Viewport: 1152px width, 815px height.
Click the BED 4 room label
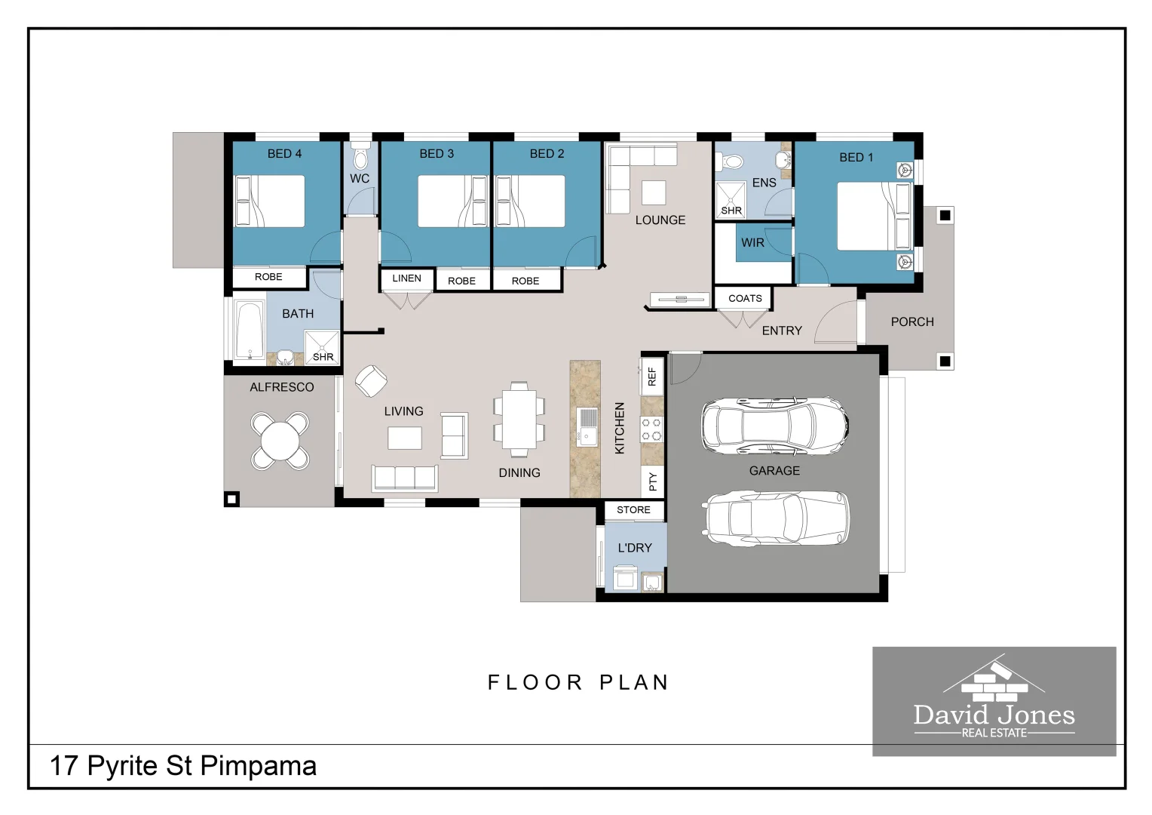284,153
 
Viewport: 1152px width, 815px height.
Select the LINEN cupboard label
406,278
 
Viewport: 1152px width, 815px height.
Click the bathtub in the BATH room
250,330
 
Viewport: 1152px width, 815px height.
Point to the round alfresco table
280,441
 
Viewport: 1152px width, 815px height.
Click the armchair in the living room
371,381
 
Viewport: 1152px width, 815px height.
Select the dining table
519,420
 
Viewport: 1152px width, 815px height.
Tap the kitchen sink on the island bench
587,427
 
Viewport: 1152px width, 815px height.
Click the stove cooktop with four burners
651,429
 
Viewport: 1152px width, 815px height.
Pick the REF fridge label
652,377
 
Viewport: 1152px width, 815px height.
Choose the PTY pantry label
653,482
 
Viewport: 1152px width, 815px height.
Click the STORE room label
633,509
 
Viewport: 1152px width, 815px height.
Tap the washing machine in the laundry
626,577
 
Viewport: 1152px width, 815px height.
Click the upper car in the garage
775,426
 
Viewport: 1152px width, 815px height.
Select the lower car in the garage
775,518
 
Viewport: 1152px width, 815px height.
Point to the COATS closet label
745,299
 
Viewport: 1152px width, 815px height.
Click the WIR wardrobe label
752,242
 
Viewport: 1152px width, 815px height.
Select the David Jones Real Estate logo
994,701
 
